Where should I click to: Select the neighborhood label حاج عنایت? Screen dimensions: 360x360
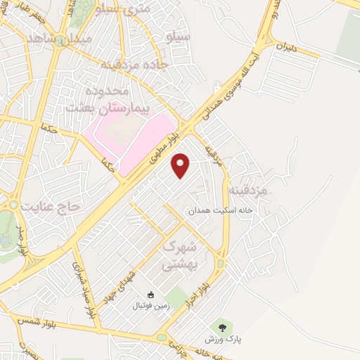48,207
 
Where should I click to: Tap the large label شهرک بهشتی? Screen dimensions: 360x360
181,257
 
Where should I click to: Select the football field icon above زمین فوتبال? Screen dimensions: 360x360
150,295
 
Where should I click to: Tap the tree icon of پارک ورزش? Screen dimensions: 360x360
224,327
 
